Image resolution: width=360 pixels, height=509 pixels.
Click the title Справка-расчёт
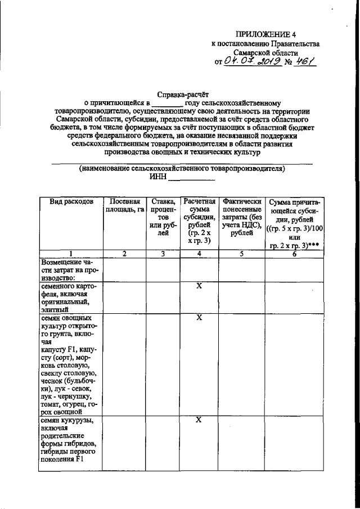182,94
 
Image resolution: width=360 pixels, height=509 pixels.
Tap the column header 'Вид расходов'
71,201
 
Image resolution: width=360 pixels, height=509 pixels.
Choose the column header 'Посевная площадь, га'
124,206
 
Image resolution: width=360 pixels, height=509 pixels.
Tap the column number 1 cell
71,254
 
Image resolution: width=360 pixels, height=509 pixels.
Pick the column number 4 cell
199,254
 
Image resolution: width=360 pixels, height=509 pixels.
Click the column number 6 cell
294,254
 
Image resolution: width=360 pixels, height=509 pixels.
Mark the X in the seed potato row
199,286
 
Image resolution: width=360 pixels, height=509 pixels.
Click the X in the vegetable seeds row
199,318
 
